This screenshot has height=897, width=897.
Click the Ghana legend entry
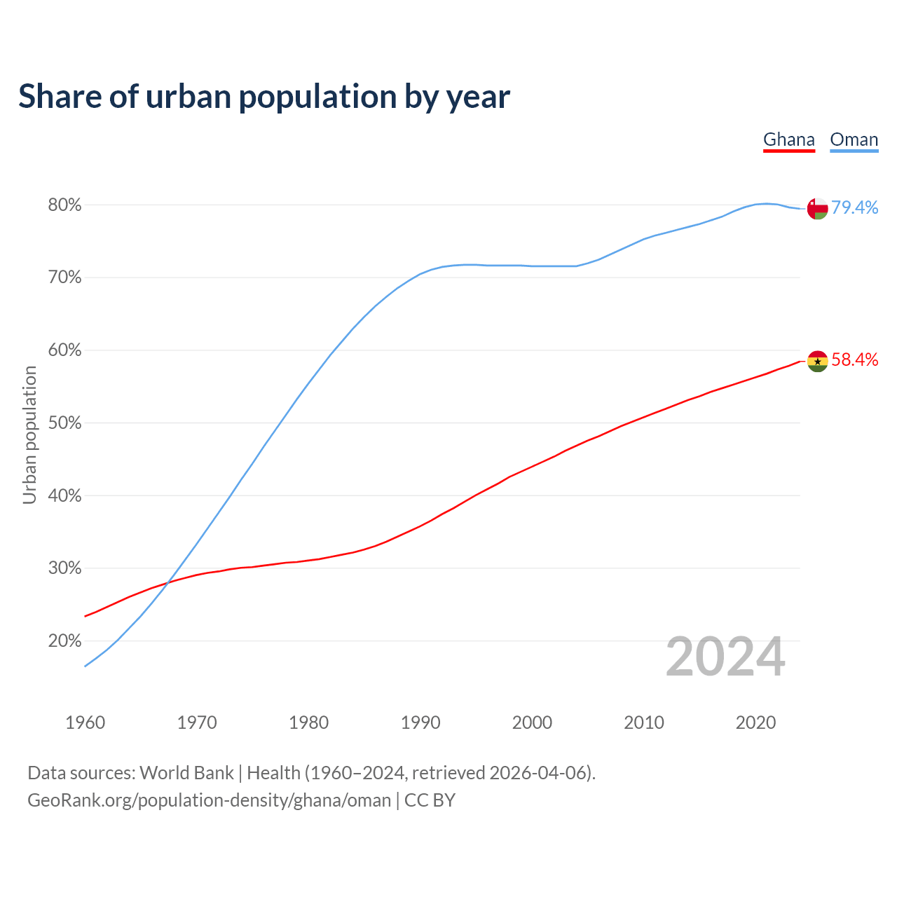(789, 139)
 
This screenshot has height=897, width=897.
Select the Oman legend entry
(854, 139)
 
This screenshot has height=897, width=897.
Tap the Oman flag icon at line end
(817, 208)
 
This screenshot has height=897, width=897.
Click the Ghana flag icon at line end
(817, 361)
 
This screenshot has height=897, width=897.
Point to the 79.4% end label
(854, 207)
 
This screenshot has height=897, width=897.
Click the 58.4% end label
(854, 360)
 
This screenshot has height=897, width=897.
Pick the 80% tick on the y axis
(64, 205)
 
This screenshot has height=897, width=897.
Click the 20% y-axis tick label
(64, 641)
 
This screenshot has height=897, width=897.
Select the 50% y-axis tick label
(64, 423)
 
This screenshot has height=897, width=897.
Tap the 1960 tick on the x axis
(85, 723)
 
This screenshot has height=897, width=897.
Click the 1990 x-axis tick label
(420, 723)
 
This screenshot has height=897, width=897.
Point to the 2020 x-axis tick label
(755, 723)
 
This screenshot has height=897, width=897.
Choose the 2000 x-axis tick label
(532, 723)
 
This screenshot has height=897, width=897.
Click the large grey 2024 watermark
(725, 657)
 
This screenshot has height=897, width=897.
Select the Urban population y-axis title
(29, 434)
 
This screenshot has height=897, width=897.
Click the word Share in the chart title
(60, 96)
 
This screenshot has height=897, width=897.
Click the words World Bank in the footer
(186, 772)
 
